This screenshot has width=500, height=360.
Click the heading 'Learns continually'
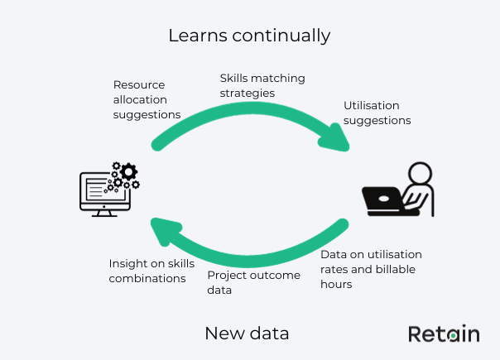coord(249,36)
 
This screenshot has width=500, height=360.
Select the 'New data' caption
coord(247,334)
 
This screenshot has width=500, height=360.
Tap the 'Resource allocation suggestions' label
coord(147,99)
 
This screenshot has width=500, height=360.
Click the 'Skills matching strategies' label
coord(262,85)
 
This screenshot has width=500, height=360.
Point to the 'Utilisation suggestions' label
coord(377,113)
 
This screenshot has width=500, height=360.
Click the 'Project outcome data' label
coord(253,282)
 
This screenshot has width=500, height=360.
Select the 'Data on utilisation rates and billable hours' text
coord(371,269)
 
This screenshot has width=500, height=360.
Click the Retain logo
coord(443,334)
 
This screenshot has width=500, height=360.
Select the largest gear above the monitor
coord(126,171)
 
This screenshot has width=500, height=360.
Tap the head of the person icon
coord(420,175)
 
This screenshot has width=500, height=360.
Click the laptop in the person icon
coord(385,201)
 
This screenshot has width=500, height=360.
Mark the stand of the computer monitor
coord(103,213)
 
